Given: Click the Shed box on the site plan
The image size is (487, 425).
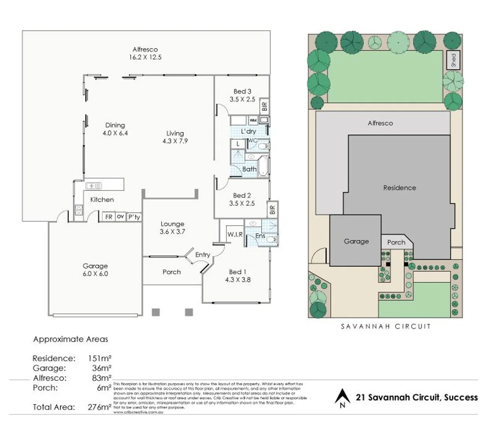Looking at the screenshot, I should point(454,60).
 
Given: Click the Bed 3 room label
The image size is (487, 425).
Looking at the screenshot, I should point(242,91).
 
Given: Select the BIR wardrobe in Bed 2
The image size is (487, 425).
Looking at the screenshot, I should point(272,209).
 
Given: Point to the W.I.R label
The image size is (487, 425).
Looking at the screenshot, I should point(235,235).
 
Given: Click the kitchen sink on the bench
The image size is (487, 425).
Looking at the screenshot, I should point(94,185).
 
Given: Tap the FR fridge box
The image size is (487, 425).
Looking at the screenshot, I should point(109,217).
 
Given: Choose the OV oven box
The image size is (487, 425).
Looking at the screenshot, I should point(120,216).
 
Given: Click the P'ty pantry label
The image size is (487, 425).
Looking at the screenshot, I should point(134,217).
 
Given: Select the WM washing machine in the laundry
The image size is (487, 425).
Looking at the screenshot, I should point(253,120).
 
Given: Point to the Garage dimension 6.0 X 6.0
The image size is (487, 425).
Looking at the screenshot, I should point(95,274).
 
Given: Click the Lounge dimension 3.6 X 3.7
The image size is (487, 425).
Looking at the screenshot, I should point(172,232).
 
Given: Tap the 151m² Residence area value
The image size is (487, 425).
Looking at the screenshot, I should point(100,358).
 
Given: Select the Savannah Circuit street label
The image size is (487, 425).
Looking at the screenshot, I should point(386,326).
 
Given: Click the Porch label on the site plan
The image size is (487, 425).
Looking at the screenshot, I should point(396,242).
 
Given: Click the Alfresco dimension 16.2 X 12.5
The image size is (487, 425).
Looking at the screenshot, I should point(145,57).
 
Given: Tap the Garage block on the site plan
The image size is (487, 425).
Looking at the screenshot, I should point(356,241).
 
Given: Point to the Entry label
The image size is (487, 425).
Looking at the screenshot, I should point(203,255).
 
